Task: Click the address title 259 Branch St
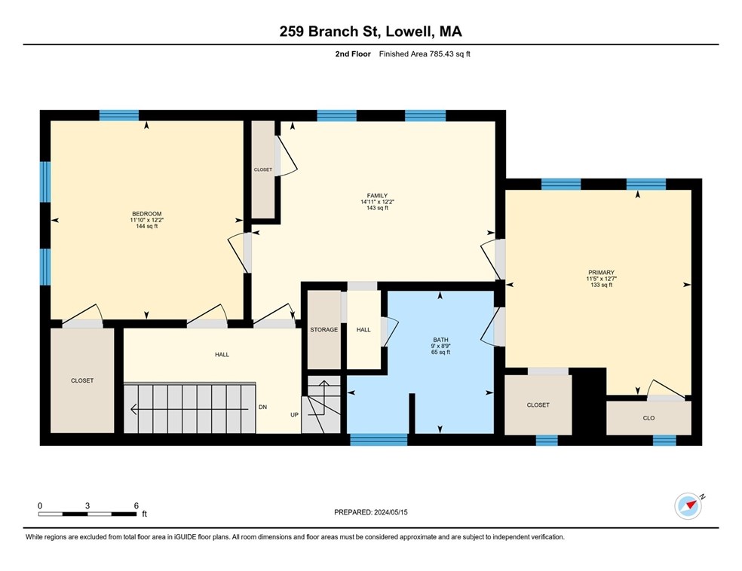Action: tap(370, 32)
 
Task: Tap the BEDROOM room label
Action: tap(147, 214)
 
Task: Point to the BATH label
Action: tap(440, 340)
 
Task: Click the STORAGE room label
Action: tap(323, 330)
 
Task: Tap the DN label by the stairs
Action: tap(262, 407)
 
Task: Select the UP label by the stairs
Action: tap(295, 414)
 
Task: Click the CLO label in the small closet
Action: tap(648, 417)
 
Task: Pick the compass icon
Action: tap(688, 505)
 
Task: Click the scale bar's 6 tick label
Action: tap(136, 505)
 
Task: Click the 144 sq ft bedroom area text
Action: tap(147, 226)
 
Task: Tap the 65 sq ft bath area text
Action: tap(440, 352)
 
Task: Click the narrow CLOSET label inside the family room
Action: tap(262, 170)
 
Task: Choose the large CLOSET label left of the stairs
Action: tap(82, 380)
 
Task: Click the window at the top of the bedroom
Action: tap(119, 115)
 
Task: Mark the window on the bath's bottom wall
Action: tap(379, 439)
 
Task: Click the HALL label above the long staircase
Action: tap(222, 354)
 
